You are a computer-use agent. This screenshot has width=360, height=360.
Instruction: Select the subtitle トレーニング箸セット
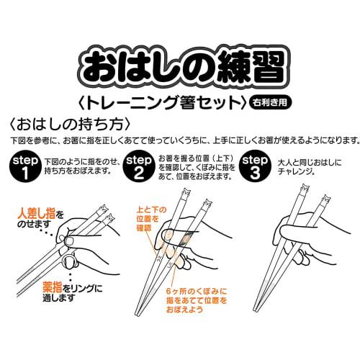pyautogui.click(x=166, y=101)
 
